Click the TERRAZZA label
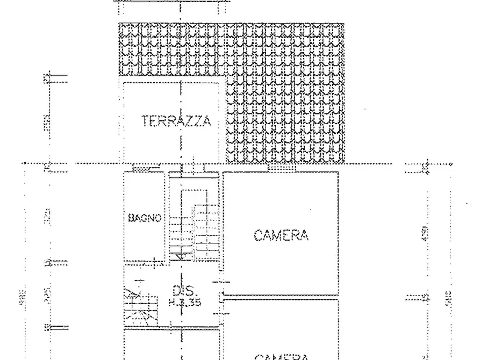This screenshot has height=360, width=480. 176,121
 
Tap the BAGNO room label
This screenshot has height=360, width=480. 145,218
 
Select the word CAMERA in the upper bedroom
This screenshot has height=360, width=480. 281,235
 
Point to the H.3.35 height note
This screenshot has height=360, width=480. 184,303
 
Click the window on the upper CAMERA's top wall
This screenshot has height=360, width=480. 282,169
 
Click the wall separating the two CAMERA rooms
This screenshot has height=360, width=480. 281,296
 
